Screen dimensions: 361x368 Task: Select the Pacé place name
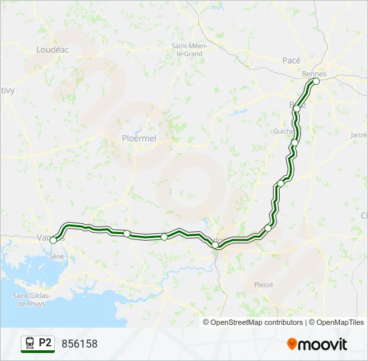tap(291, 60)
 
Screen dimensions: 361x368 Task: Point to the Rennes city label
tap(313, 74)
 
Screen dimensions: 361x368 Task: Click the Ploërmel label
tap(139, 138)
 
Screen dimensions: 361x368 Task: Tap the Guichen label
tap(284, 132)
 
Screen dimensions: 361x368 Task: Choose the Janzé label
tap(359, 134)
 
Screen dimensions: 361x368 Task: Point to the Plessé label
tap(264, 284)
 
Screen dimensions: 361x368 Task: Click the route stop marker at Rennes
tap(316, 82)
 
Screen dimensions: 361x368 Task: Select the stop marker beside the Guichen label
tap(294, 142)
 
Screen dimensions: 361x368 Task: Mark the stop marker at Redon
tap(215, 245)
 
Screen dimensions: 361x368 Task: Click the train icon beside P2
tap(29, 343)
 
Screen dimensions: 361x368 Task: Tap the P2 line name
tap(45, 343)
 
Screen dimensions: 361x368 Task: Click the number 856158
tap(79, 344)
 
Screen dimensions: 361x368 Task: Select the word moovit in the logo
tap(323, 344)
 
